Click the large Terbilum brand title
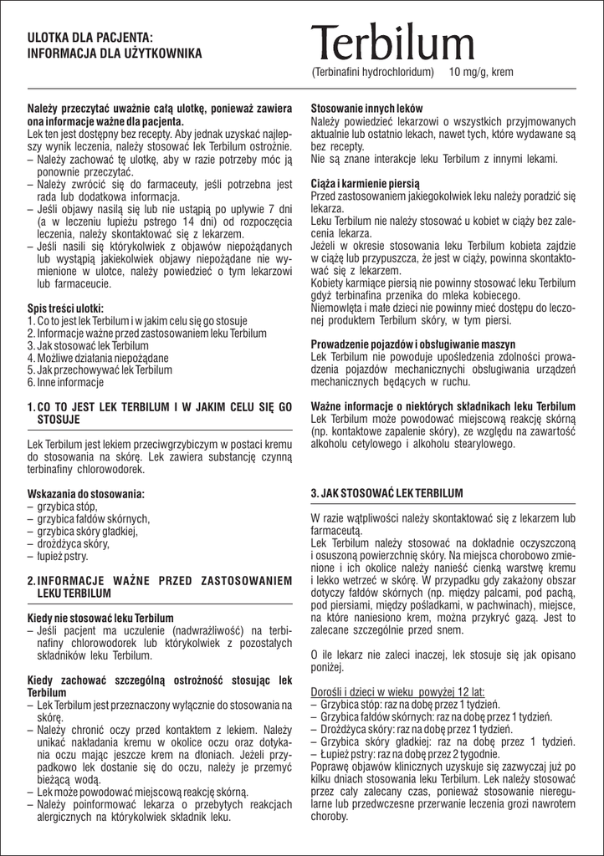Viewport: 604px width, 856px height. click(392, 43)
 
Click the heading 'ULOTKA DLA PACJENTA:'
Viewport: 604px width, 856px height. click(90, 38)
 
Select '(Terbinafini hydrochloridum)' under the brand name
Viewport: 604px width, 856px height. click(372, 73)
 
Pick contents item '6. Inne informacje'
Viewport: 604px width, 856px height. click(65, 383)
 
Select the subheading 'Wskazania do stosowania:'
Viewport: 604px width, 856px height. click(86, 494)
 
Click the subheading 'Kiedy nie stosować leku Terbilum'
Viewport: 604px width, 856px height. click(100, 618)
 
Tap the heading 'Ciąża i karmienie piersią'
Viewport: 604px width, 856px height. click(366, 182)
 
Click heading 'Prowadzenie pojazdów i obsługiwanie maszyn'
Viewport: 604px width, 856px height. click(413, 344)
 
